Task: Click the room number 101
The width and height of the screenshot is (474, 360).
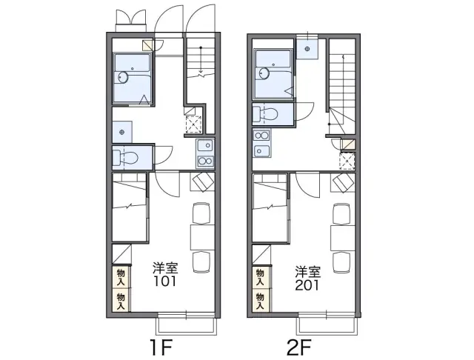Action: (164, 281)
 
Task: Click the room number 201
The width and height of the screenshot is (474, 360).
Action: (307, 285)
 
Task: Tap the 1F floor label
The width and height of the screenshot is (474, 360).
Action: (161, 347)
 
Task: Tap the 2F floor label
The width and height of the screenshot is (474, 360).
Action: (299, 347)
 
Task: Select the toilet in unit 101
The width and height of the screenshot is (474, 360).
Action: (125, 158)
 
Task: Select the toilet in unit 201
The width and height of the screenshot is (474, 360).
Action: (265, 114)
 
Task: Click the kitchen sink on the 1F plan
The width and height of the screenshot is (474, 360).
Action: (205, 146)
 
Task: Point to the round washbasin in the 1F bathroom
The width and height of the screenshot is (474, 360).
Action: (123, 77)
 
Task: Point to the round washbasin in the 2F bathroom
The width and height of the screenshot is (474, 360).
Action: (264, 73)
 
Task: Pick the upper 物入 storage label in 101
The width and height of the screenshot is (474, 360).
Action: (121, 278)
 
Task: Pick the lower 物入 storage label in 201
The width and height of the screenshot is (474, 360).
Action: (260, 301)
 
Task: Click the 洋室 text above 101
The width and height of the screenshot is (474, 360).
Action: (164, 268)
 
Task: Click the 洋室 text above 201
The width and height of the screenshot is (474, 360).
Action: (308, 272)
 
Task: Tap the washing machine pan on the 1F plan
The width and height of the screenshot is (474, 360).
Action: (122, 132)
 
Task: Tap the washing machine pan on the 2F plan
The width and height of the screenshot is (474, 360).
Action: (307, 49)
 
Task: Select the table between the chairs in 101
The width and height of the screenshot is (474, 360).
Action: (202, 237)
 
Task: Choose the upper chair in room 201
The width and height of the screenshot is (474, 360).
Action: (342, 213)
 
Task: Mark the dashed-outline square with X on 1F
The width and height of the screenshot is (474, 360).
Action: (193, 124)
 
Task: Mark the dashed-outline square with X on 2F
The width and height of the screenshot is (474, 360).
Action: (347, 161)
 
